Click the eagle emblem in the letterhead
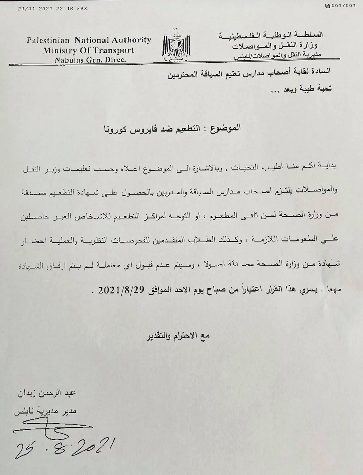click(x=176, y=46)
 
